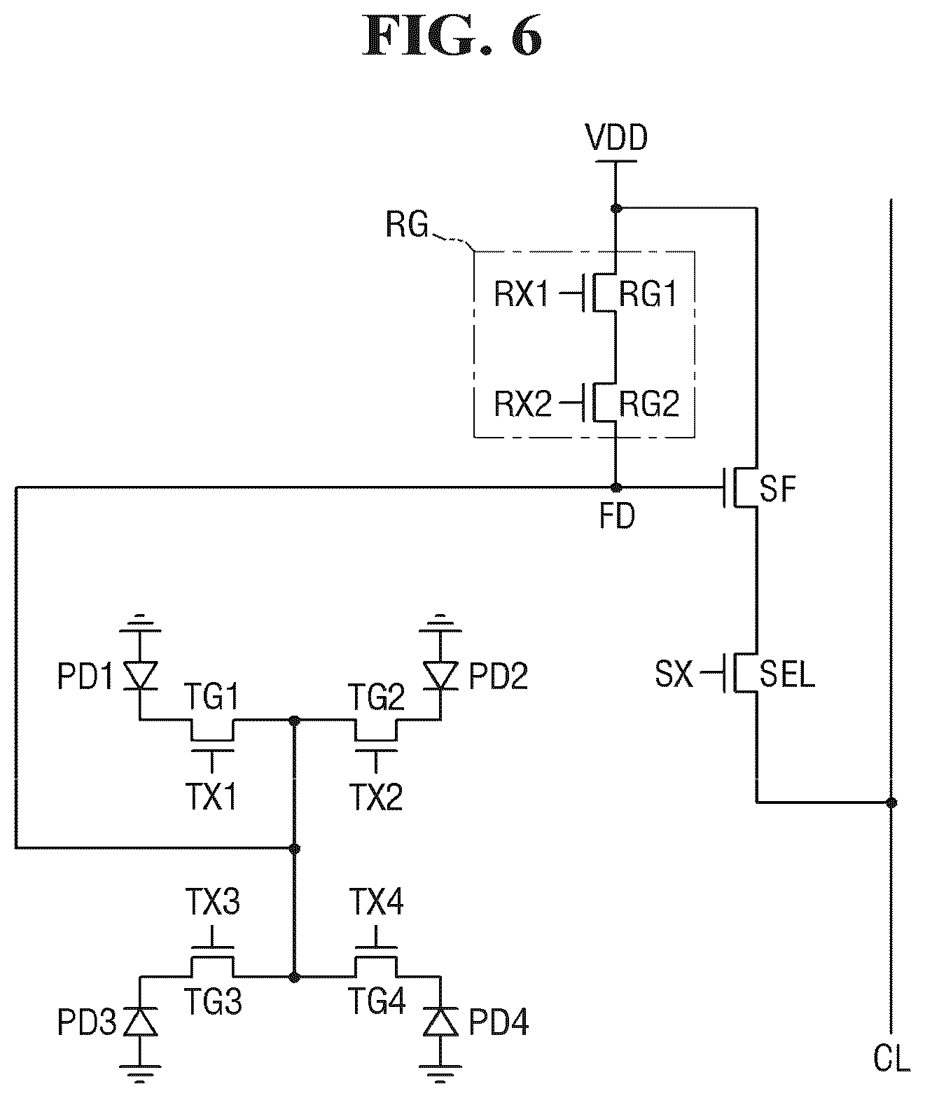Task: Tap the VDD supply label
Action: coord(616,138)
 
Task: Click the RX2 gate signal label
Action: coord(522,404)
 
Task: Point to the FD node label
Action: coord(617,516)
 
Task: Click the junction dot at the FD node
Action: coord(616,487)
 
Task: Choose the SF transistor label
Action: coord(778,489)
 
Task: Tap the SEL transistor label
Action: coord(787,674)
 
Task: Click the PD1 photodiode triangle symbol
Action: coord(140,675)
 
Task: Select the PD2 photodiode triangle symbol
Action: coord(440,675)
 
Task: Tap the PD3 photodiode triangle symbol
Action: coord(140,1021)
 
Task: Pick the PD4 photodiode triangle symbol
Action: coord(440,1021)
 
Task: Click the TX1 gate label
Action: coord(211,797)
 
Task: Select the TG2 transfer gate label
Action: coord(377,697)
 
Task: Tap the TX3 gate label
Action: coord(212,903)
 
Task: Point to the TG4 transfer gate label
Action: coord(377,1001)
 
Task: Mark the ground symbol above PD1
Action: coord(140,622)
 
